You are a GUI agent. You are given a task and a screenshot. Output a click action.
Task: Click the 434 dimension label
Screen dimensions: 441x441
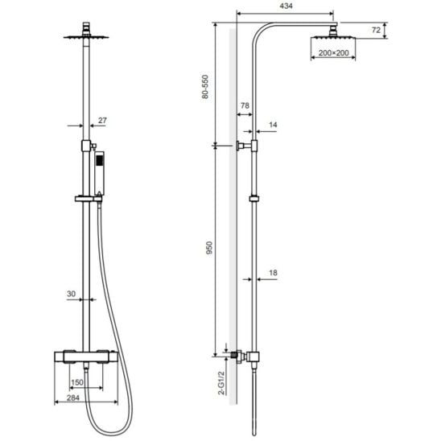tap(286, 6)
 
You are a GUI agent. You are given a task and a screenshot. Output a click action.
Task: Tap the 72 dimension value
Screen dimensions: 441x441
tap(376, 30)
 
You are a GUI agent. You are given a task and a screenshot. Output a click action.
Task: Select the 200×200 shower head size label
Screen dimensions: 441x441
tap(333, 52)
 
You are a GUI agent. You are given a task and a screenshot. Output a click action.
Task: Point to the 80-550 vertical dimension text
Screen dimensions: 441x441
tap(205, 87)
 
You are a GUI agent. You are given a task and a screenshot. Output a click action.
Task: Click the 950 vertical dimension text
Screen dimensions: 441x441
tap(209, 248)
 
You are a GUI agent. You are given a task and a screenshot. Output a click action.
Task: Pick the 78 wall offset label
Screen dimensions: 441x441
tap(245, 105)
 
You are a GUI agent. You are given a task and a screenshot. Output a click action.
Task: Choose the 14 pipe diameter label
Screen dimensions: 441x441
tap(273, 125)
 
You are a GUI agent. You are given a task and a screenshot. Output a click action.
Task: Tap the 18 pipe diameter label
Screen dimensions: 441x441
tap(273, 273)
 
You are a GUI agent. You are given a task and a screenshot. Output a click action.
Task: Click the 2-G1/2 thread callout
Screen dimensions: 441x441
tap(222, 383)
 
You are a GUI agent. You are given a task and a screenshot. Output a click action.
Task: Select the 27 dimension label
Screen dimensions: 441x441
tap(102, 121)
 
